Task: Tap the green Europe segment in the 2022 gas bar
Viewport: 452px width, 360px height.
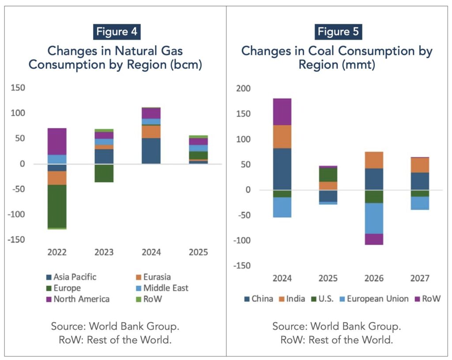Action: [57, 206]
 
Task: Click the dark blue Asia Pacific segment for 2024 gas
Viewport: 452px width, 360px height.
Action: [151, 151]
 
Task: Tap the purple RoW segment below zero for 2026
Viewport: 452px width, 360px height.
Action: [374, 239]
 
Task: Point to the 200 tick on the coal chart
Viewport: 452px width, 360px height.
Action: [243, 89]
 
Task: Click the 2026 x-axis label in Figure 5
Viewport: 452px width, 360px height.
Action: [374, 278]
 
